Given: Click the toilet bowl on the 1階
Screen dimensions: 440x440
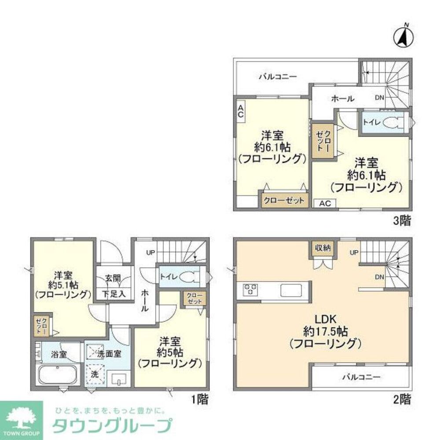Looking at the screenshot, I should point(190,277).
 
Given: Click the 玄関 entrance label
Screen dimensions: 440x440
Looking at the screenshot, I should point(114,279).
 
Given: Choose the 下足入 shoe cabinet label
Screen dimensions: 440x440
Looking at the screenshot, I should point(114,293).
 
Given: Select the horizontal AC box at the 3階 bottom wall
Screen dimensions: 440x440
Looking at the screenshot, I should point(324,203).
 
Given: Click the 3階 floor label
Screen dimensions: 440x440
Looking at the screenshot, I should point(402,221).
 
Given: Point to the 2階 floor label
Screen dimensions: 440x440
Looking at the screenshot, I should point(402,400).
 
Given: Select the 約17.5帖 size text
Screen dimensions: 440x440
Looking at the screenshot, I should point(325,330).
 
